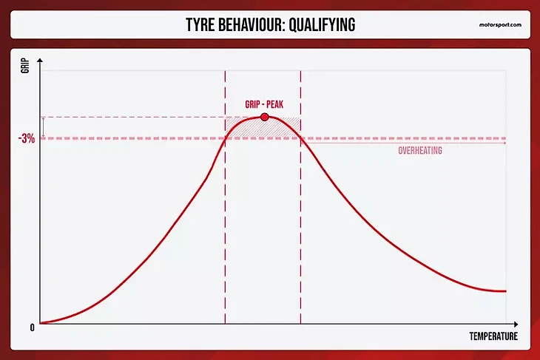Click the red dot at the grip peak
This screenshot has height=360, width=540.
click(265, 117)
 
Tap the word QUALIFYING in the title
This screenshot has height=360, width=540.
click(322, 25)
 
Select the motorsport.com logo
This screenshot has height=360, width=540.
click(500, 25)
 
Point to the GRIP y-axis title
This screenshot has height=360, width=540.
click(25, 66)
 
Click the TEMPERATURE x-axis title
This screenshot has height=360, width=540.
click(493, 336)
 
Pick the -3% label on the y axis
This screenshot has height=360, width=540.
click(27, 139)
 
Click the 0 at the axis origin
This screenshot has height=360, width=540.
click(33, 327)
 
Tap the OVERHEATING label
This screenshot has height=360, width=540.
click(420, 151)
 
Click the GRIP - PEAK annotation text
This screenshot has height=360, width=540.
click(264, 105)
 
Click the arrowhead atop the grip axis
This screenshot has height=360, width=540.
click(40, 61)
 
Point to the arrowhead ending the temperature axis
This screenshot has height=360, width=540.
click(516, 325)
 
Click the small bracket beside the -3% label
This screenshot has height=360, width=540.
click(44, 128)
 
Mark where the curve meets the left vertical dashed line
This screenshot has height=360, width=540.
click(225, 138)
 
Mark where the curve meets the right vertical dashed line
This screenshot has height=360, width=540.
click(300, 137)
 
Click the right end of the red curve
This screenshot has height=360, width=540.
click(506, 291)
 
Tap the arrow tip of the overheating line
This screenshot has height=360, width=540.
click(505, 143)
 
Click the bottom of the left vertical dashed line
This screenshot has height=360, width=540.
click(225, 323)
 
